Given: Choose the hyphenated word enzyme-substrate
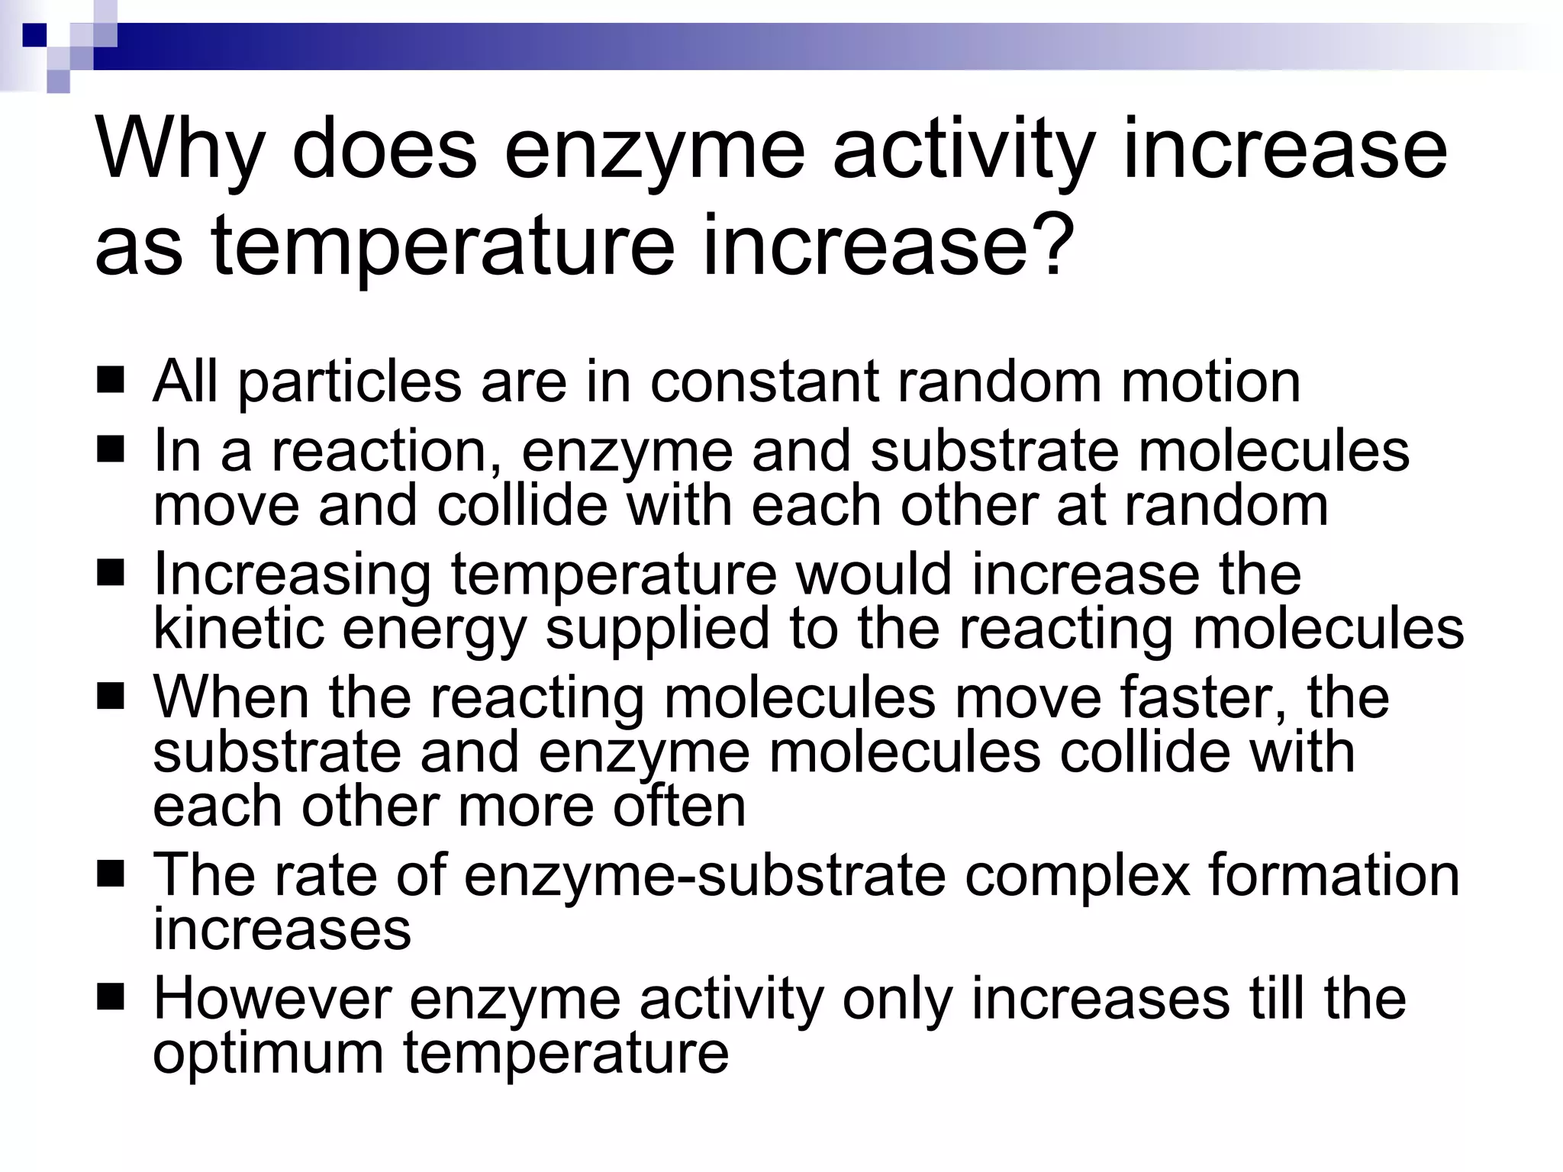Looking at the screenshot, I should (x=704, y=874).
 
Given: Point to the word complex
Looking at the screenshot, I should (x=1077, y=876).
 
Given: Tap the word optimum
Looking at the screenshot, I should (x=267, y=1054).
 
